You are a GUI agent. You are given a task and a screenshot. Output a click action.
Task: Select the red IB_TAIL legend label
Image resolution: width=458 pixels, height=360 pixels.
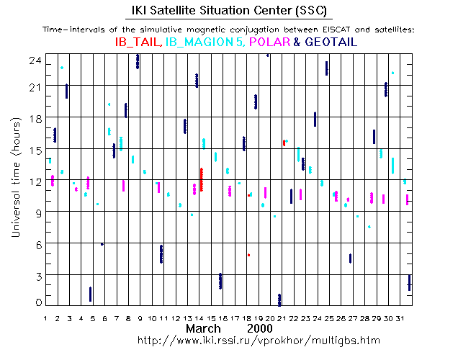pyautogui.click(x=138, y=43)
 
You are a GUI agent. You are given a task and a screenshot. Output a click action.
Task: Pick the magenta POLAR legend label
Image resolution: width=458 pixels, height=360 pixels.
pyautogui.click(x=269, y=43)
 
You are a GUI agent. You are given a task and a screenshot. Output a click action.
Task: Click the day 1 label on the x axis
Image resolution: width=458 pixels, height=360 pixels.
pyautogui.click(x=45, y=318)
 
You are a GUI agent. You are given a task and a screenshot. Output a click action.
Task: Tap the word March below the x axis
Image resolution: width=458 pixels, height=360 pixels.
pyautogui.click(x=204, y=328)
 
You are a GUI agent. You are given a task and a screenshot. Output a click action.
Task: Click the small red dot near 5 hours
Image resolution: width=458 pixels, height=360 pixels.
pyautogui.click(x=248, y=255)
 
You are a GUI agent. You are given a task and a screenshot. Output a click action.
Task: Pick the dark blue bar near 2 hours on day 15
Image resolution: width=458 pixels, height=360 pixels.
pyautogui.click(x=220, y=281)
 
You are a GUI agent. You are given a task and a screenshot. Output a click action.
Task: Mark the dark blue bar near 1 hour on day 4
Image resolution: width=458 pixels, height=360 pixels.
pyautogui.click(x=90, y=294)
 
